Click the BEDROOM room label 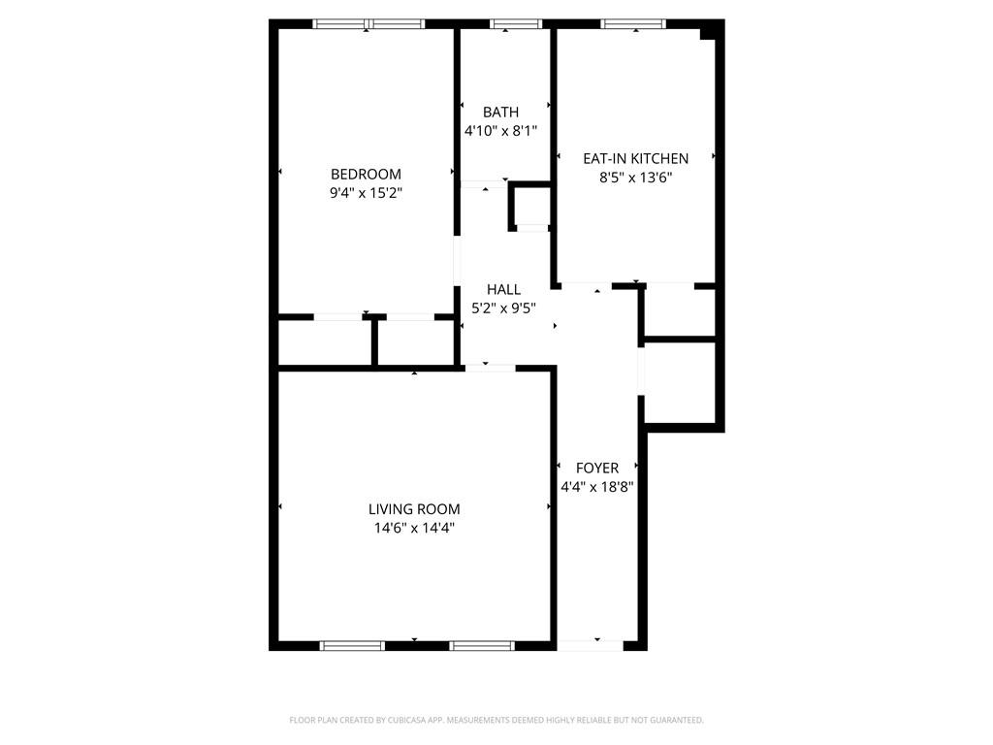[x=366, y=174]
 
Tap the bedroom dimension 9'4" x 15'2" [x=366, y=193]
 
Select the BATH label [x=500, y=112]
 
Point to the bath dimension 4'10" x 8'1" [x=500, y=131]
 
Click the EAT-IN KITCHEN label [x=635, y=158]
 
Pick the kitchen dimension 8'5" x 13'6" [x=635, y=178]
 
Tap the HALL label [x=503, y=289]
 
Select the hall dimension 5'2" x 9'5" [x=503, y=308]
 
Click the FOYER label [x=596, y=468]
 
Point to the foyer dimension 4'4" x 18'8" [x=596, y=487]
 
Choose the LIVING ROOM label [x=414, y=509]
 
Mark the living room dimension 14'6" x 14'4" [x=414, y=529]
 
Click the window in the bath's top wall [x=506, y=23]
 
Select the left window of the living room [x=353, y=645]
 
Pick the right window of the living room [x=482, y=645]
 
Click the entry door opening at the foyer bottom [x=591, y=644]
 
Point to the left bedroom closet [x=325, y=342]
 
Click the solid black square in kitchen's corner [x=709, y=32]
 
